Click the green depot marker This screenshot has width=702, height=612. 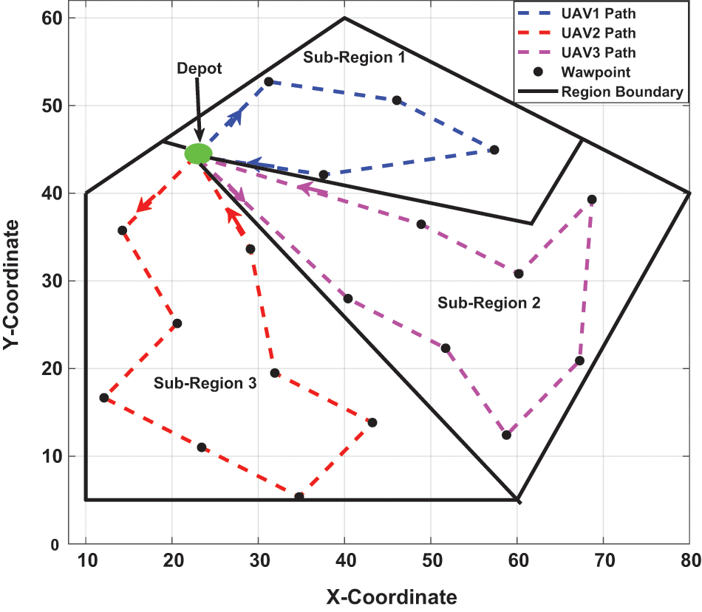198,154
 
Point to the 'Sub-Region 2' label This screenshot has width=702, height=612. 489,303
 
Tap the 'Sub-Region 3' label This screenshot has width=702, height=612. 205,382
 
